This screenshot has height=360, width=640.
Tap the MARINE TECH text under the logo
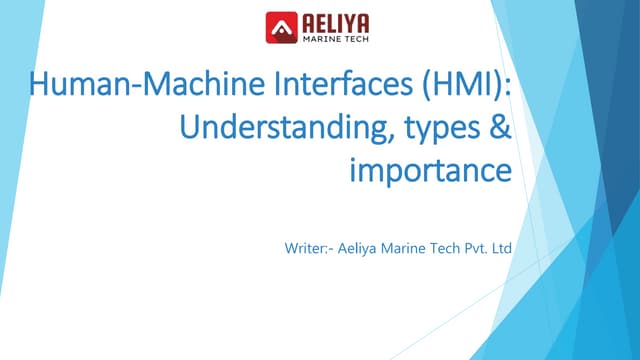[x=333, y=38]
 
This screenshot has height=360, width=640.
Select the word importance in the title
[x=430, y=171]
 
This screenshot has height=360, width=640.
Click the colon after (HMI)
[x=509, y=89]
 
